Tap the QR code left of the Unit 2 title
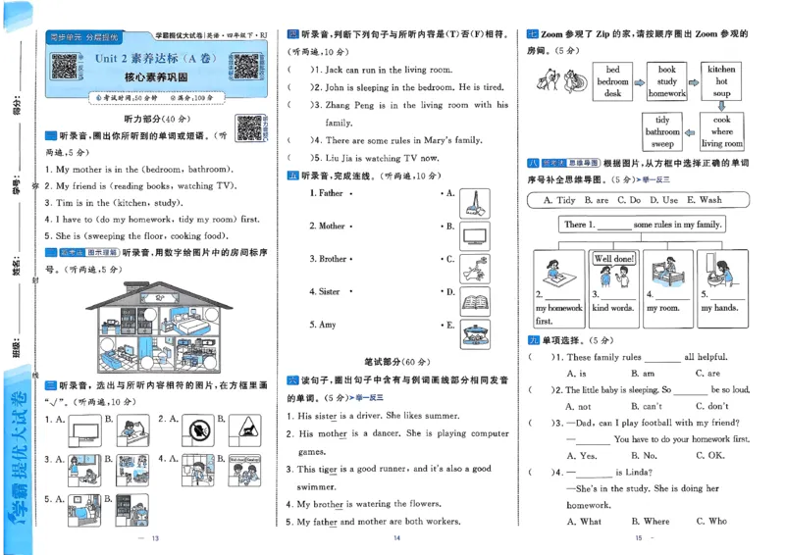coord(65,66)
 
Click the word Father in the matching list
coord(331,193)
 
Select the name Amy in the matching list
coord(325,325)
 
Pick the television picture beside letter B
coord(476,233)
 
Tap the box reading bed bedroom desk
coord(612,81)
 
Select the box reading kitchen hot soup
coord(721,81)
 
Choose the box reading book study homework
coord(666,81)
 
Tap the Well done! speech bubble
coord(614,259)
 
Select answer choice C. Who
coord(711,522)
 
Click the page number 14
coord(397,538)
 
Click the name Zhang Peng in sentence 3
coord(348,105)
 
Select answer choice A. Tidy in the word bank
coord(554,200)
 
